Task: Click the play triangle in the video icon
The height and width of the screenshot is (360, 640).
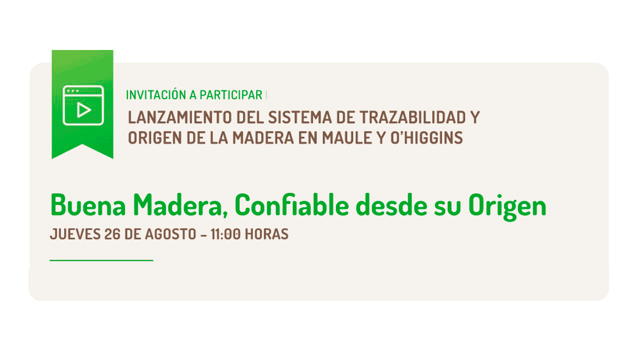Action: click(83, 110)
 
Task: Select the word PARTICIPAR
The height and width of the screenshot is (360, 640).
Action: click(231, 95)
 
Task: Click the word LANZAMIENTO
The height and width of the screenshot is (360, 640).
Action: click(179, 117)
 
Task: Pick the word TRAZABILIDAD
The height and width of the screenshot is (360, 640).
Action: click(412, 117)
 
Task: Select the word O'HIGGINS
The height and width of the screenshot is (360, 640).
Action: click(426, 138)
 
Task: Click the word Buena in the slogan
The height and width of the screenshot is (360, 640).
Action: click(88, 205)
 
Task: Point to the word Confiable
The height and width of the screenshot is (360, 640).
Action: click(291, 205)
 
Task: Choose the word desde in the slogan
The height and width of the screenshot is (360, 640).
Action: click(391, 205)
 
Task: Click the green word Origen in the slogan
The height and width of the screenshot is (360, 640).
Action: click(507, 207)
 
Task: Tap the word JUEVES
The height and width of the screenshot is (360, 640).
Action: click(75, 234)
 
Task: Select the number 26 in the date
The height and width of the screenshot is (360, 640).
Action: click(112, 234)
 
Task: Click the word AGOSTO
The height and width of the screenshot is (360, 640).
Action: click(170, 234)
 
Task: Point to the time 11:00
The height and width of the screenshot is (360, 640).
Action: click(225, 234)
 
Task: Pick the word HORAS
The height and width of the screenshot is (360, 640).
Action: click(267, 234)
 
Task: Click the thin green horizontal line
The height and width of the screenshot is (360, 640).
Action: click(101, 260)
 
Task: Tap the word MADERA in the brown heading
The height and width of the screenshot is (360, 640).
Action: click(263, 138)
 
